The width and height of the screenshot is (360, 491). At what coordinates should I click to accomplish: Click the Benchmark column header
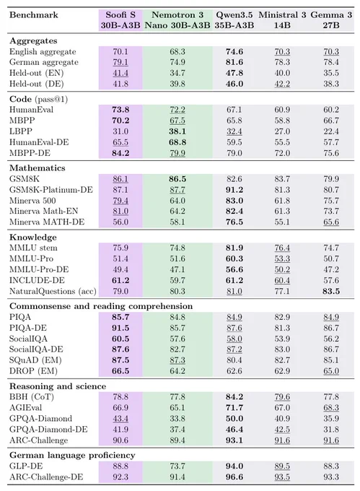coord(33,14)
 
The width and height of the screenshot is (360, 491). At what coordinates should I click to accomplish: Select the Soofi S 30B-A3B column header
coord(120,19)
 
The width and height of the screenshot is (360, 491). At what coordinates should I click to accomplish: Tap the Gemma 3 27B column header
coord(331,19)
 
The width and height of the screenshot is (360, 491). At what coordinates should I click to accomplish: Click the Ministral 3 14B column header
coord(282,19)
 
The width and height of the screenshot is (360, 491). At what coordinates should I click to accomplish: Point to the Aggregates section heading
coord(33,41)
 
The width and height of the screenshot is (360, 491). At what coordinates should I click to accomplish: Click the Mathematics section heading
coord(38,168)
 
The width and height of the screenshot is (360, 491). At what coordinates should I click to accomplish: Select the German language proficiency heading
coord(72,455)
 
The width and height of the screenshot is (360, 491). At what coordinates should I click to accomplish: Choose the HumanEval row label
coord(31,110)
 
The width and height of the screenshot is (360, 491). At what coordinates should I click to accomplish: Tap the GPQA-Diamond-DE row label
coord(48,429)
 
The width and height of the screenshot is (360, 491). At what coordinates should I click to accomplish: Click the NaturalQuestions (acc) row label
coord(53,291)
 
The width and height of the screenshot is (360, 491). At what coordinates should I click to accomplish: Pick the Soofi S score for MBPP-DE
coord(120,153)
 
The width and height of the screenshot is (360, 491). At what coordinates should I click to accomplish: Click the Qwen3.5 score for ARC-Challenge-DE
coord(234,477)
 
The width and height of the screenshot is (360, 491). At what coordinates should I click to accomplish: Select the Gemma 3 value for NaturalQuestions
coord(331,291)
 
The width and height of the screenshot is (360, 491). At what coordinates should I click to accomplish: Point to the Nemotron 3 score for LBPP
coord(177,131)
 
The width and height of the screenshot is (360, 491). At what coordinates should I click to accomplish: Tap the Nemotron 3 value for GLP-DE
coord(177,466)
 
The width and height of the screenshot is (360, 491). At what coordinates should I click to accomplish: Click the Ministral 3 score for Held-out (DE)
coord(282,84)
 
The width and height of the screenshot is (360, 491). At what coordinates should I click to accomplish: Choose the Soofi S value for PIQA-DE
coord(120,328)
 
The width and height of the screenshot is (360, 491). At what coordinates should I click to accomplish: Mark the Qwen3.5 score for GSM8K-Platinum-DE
coord(234,190)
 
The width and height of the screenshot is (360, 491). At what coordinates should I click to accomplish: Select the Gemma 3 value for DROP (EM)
coord(331,371)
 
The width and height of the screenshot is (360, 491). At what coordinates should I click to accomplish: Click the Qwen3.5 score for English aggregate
coord(234,52)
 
